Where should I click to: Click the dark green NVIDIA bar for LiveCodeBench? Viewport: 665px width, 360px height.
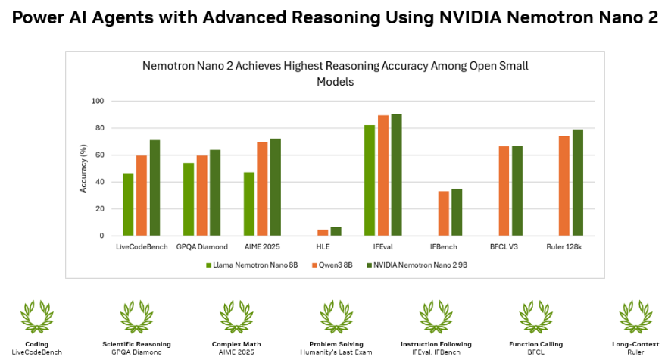click(155, 188)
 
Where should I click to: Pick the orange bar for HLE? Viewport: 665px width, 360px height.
click(323, 233)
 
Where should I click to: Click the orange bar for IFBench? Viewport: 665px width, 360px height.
click(443, 214)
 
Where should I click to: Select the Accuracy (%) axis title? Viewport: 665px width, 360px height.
click(83, 168)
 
